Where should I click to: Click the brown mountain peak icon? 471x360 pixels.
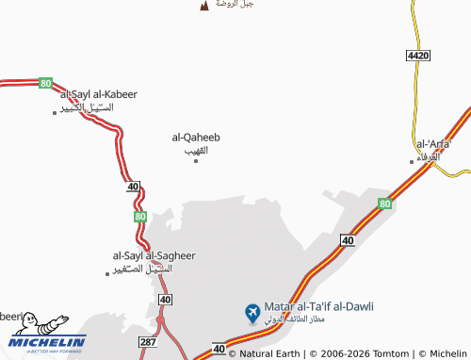(204, 7)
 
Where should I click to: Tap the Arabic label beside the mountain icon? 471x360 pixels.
(234, 4)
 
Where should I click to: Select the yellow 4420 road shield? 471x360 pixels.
(418, 57)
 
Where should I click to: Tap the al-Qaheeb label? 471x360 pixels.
(196, 138)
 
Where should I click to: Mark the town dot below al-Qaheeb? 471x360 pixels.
(196, 160)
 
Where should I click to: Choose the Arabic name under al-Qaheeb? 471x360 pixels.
(196, 150)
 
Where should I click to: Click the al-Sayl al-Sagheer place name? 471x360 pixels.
(154, 255)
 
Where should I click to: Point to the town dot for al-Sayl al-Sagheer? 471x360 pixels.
(106, 273)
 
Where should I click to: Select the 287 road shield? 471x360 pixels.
(147, 341)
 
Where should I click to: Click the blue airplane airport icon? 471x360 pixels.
(252, 311)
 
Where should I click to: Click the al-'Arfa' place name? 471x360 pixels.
(433, 144)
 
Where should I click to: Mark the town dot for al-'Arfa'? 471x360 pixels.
(411, 161)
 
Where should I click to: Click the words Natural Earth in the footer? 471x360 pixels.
(271, 354)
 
